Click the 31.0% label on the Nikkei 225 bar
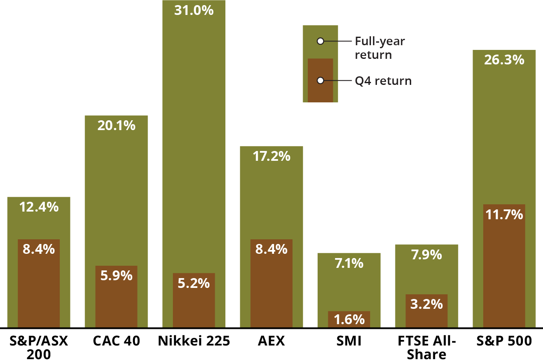click(x=194, y=10)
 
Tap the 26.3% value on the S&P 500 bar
click(x=504, y=60)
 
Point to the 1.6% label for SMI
click(x=349, y=319)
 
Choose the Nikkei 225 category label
click(x=194, y=341)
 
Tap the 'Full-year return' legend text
click(x=380, y=48)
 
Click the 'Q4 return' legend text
click(x=383, y=81)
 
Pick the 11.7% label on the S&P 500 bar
click(x=504, y=214)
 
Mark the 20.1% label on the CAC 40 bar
click(x=116, y=125)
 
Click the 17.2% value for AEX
click(x=271, y=156)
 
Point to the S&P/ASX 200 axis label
click(x=39, y=348)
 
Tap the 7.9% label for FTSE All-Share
click(x=426, y=255)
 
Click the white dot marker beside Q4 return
click(x=321, y=80)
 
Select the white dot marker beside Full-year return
click(x=321, y=41)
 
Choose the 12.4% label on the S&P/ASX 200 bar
click(x=39, y=207)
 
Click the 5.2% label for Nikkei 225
click(x=194, y=283)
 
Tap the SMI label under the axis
click(x=349, y=341)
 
